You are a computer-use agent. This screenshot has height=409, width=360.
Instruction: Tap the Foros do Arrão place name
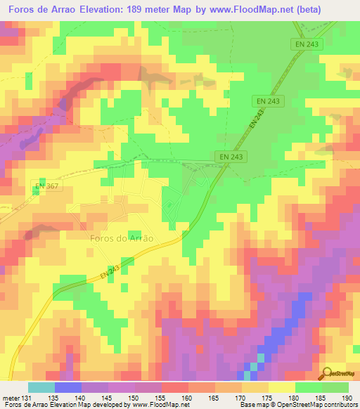[x=122, y=238]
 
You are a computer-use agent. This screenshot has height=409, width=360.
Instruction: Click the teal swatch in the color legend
[x=41, y=387]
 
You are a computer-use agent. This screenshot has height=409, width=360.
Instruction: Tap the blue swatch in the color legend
[x=68, y=387]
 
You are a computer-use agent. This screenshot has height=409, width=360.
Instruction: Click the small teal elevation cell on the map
[x=260, y=358]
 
